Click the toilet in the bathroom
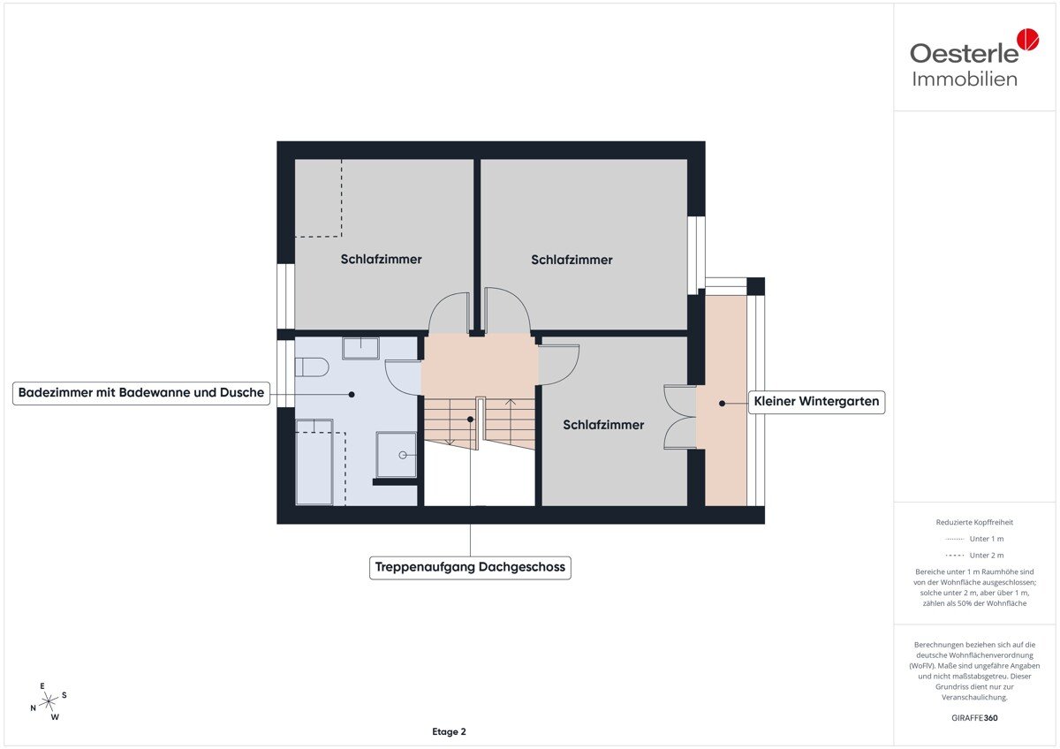coord(311,367)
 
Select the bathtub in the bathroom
coord(314,462)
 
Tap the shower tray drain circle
coord(403,455)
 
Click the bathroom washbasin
coord(360,348)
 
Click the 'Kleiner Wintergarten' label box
coord(816,402)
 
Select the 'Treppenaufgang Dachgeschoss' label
coord(470,567)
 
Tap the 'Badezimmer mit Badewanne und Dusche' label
coord(141,393)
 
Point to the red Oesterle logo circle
coord(1028,39)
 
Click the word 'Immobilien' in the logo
coord(965,79)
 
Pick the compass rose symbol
coord(49,701)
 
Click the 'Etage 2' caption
coord(449,731)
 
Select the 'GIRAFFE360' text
coord(974,718)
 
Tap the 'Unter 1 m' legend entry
coord(974,539)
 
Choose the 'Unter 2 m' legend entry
coord(974,555)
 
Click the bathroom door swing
coord(403,377)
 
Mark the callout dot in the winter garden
coord(723,404)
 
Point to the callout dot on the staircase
coord(470,420)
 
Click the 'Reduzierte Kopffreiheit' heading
coord(974,522)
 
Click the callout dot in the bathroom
coord(352,394)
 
